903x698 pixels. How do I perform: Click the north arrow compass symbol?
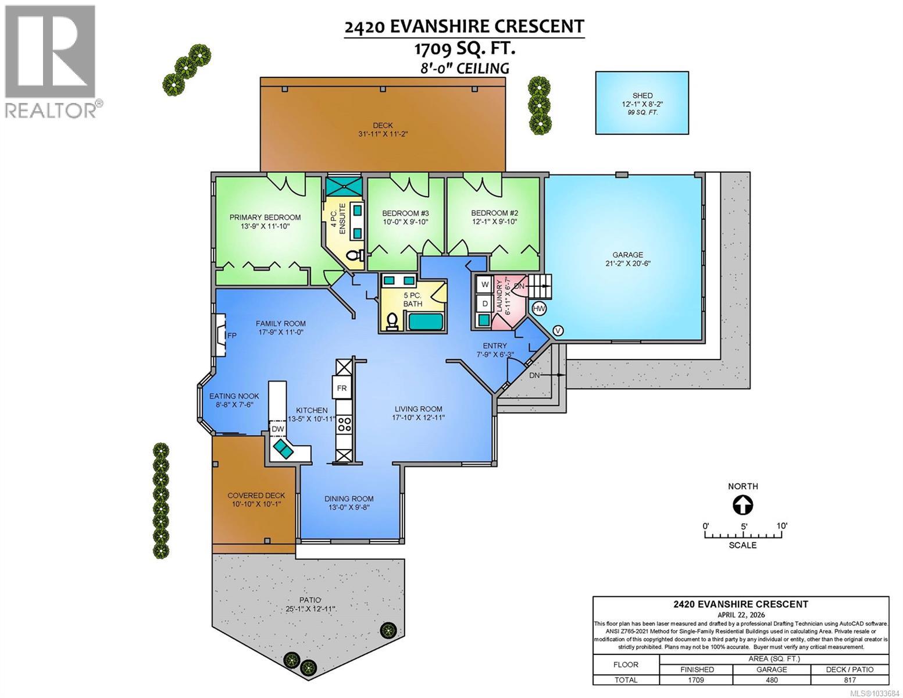coord(742,505)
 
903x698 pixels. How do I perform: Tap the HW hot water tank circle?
coord(539,308)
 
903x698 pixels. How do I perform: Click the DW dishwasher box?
coord(278,429)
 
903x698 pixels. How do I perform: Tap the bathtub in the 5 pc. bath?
coord(425,321)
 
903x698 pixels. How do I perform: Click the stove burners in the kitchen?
coord(344,424)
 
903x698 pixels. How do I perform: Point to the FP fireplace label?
coord(231,336)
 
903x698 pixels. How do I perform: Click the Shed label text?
coord(643,95)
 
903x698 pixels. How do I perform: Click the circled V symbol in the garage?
coord(558,330)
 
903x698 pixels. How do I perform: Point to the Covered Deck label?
coord(256,495)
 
